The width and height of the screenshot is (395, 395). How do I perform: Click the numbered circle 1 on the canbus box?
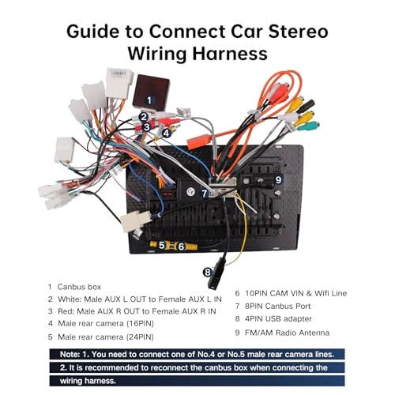pyautogui.click(x=149, y=100)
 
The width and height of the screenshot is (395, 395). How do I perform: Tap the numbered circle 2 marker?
pyautogui.click(x=144, y=117)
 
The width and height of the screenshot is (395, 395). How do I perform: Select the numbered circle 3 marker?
pyautogui.click(x=147, y=127)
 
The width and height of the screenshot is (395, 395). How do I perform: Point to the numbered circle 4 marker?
pyautogui.click(x=166, y=134)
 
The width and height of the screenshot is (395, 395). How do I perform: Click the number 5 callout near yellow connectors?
pyautogui.click(x=162, y=246)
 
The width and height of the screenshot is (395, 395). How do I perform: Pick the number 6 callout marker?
pyautogui.click(x=181, y=246)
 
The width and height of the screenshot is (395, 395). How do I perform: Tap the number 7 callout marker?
pyautogui.click(x=205, y=194)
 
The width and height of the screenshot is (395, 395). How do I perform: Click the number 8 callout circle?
pyautogui.click(x=208, y=273)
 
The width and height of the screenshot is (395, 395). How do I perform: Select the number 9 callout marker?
pyautogui.click(x=278, y=180)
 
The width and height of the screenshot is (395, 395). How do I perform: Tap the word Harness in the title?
pyautogui.click(x=230, y=54)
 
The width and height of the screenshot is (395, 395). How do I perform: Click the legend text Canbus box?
pyautogui.click(x=79, y=287)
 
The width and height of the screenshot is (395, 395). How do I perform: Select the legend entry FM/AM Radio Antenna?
pyautogui.click(x=287, y=333)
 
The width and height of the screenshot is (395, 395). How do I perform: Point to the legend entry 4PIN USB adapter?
pyautogui.click(x=278, y=319)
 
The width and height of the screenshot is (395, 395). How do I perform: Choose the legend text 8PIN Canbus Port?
pyautogui.click(x=278, y=306)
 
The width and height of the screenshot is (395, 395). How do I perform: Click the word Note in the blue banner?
pyautogui.click(x=70, y=354)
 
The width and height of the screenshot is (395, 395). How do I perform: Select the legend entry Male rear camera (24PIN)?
pyautogui.click(x=106, y=337)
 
